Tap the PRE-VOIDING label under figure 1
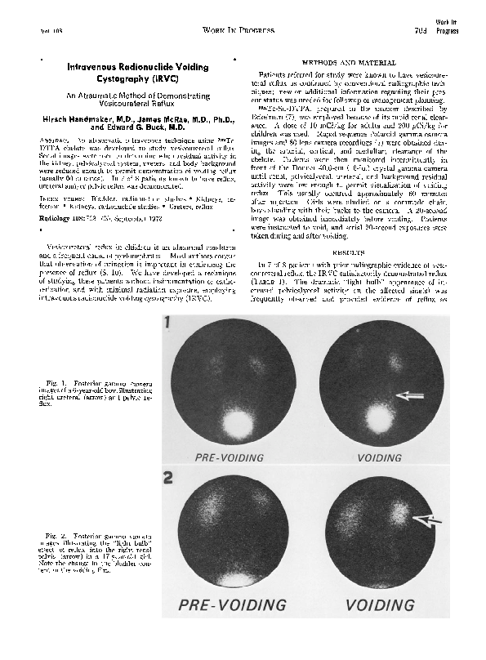click(229, 458)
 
